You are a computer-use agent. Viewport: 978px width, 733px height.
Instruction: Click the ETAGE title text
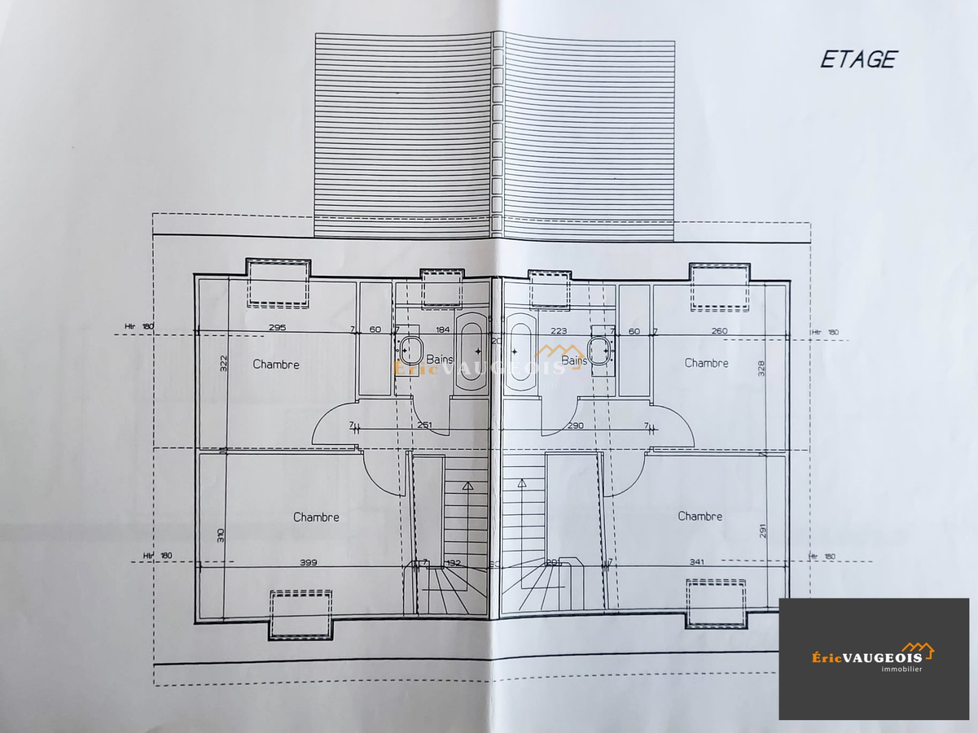(858, 59)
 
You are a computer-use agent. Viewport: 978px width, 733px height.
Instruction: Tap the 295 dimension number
(277, 327)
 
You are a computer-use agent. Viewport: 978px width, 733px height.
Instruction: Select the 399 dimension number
(308, 562)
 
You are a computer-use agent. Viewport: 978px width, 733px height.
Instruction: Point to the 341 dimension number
(697, 561)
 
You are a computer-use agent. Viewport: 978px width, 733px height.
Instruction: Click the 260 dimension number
(719, 331)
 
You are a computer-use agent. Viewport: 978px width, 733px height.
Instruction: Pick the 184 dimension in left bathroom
(443, 330)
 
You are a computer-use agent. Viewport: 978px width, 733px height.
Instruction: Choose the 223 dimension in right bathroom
(558, 331)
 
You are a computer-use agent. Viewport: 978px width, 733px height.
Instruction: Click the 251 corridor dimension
(424, 425)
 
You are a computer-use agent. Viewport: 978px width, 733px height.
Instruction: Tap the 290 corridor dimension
(575, 425)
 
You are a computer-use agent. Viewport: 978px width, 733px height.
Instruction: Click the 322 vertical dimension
(223, 363)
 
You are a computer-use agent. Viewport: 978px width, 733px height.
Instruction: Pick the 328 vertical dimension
(761, 368)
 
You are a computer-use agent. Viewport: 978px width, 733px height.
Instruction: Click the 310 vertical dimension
(221, 536)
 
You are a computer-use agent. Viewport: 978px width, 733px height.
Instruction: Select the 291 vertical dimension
(763, 531)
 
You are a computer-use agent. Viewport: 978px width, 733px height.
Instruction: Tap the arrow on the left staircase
(468, 487)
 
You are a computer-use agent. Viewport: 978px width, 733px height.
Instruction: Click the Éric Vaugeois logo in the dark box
(873, 658)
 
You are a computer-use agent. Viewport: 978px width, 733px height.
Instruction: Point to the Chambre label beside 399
(316, 517)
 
